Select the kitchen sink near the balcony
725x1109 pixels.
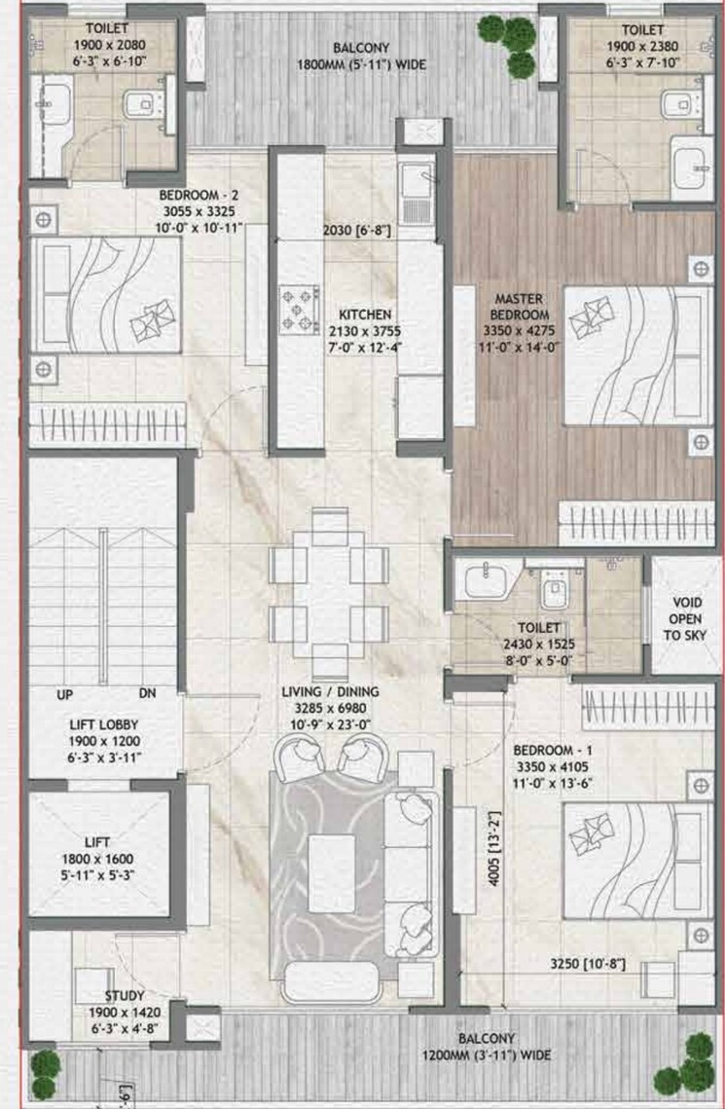420,195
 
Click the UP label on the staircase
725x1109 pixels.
66,694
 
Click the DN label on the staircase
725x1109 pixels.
147,694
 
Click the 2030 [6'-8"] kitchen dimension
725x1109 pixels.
358,231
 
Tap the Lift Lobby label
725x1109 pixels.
102,725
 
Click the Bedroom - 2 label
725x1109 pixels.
199,195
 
